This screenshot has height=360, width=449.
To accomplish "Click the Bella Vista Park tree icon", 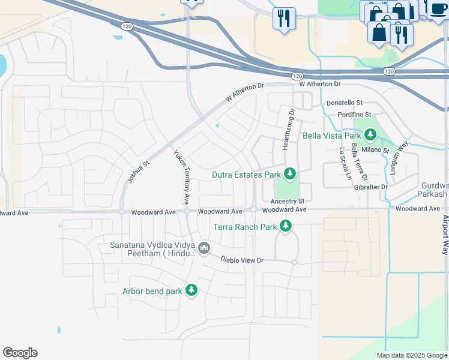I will click(x=370, y=134).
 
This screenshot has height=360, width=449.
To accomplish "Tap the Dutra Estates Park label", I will click(x=246, y=175).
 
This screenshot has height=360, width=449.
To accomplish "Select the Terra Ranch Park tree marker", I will click(x=286, y=226).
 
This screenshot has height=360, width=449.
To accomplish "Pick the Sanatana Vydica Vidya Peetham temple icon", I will click(x=203, y=248).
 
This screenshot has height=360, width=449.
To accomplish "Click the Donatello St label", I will click(x=345, y=103).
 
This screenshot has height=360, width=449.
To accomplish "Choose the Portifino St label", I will click(x=355, y=114).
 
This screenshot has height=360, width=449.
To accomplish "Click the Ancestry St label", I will click(x=288, y=200).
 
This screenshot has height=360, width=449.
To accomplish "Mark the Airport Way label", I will click(x=445, y=235).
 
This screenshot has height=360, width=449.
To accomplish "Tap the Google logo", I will click(x=20, y=353).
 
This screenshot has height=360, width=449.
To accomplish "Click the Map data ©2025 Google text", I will click(x=411, y=355).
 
